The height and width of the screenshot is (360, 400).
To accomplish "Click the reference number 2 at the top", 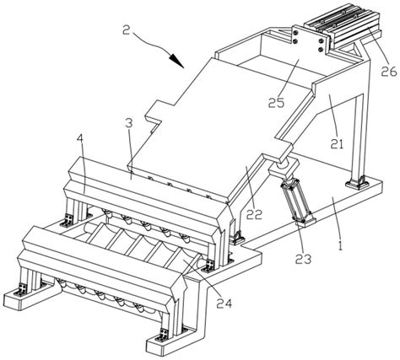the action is [x=127, y=30].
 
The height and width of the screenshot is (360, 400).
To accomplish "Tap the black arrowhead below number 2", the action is [x=176, y=61].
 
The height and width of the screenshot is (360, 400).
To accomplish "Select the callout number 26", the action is [x=388, y=72].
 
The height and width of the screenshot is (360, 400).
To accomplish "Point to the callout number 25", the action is [x=276, y=103].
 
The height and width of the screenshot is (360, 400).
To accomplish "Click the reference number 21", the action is [x=337, y=143].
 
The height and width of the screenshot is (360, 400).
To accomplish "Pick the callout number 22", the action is [x=254, y=214].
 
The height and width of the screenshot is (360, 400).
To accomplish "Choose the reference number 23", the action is [x=304, y=259].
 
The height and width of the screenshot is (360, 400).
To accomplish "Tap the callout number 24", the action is [x=224, y=303].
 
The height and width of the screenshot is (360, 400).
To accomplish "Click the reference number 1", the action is [x=341, y=244].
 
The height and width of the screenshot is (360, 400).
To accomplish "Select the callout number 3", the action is [x=129, y=124].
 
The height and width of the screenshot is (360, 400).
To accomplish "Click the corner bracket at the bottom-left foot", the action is [x=21, y=289].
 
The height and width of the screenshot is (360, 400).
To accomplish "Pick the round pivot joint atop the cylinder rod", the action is [x=284, y=165].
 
